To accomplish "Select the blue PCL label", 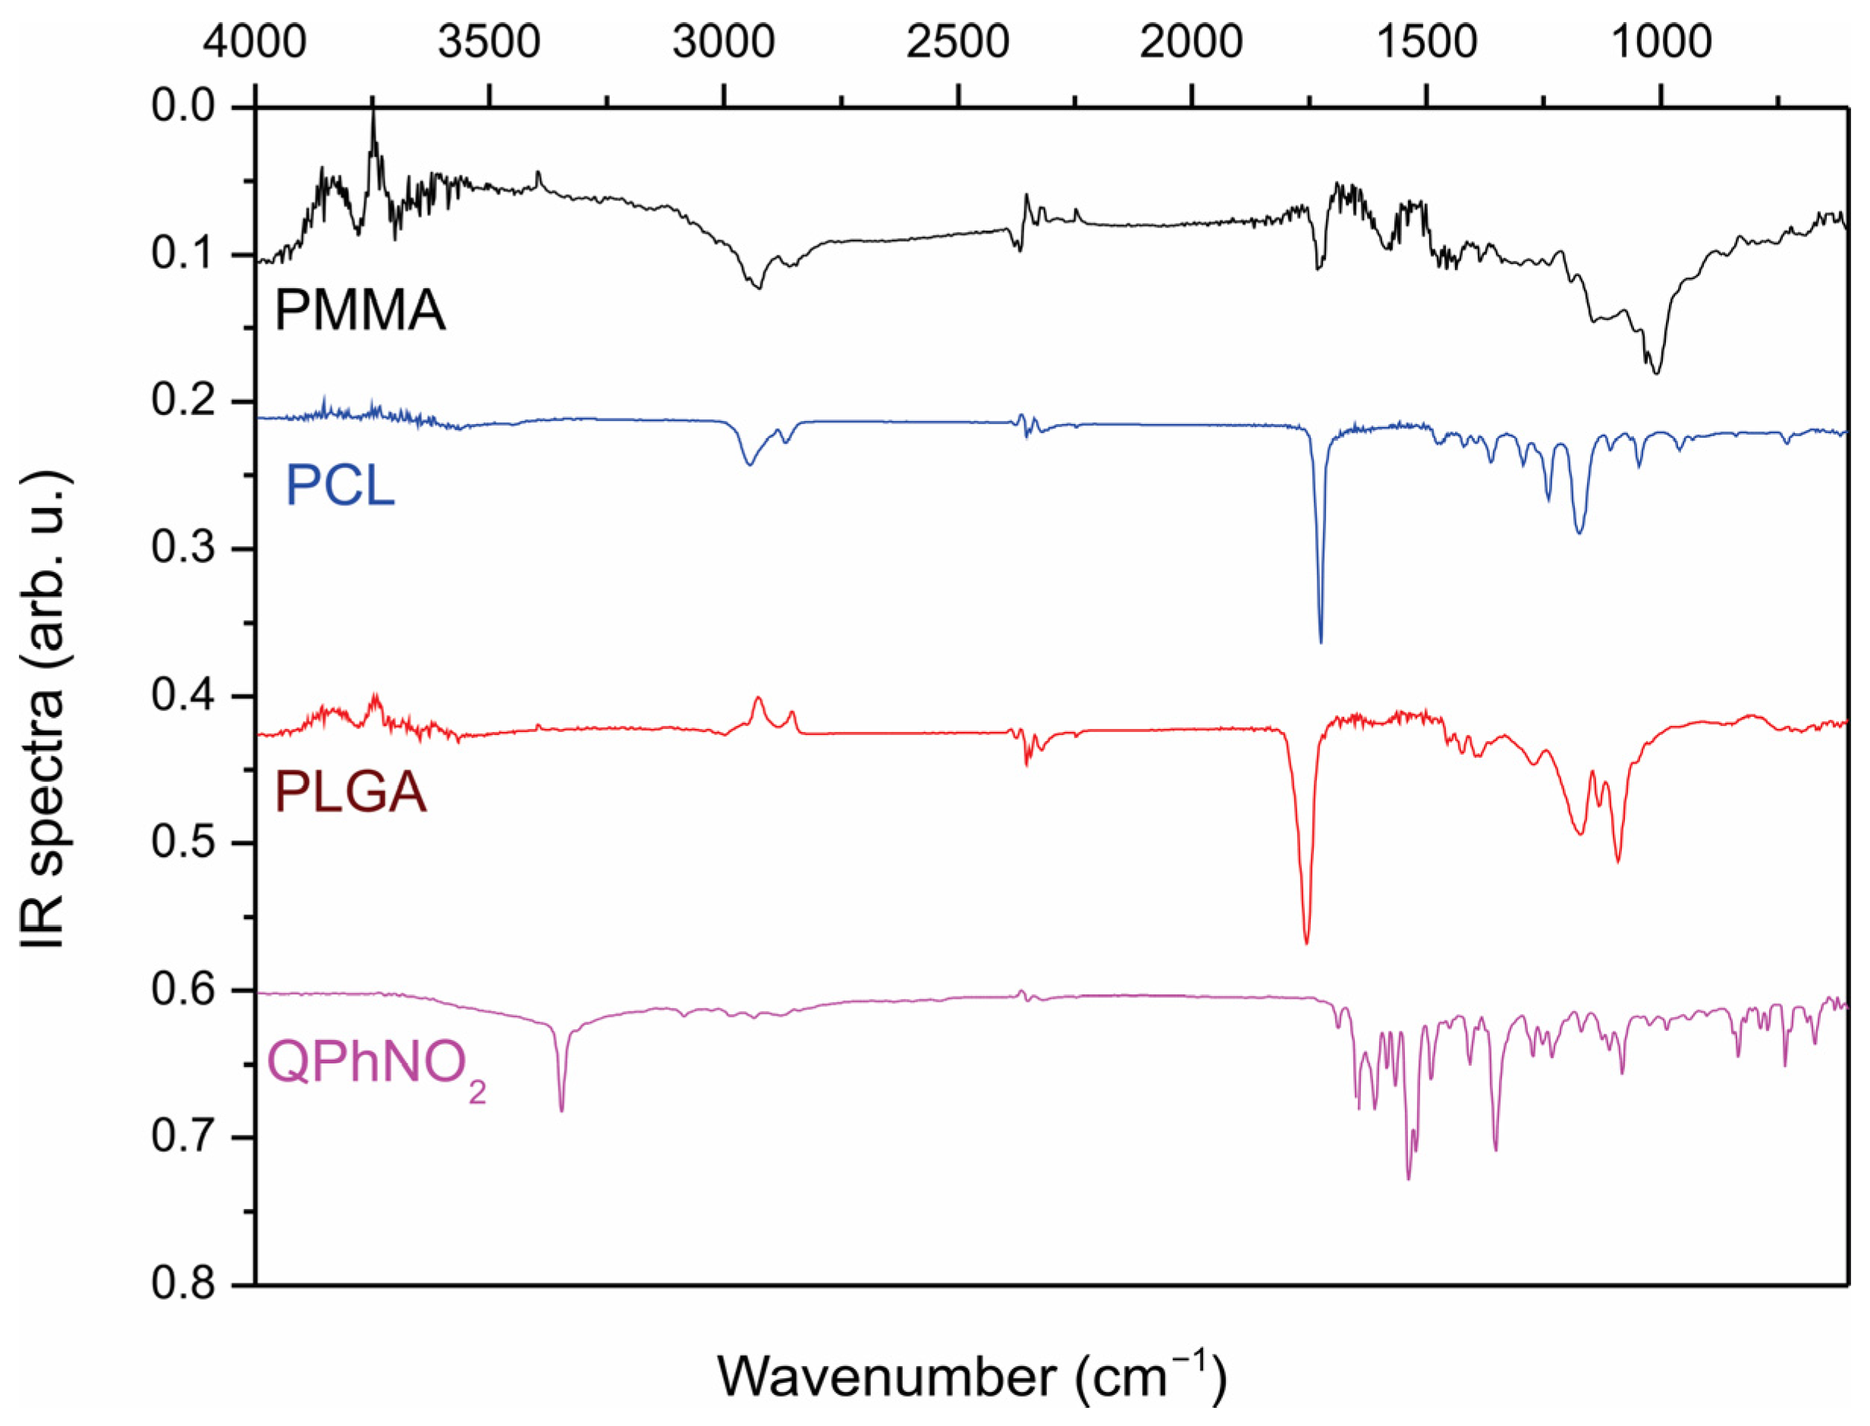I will click(340, 485).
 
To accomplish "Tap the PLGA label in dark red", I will click(350, 793).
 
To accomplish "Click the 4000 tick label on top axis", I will click(255, 41).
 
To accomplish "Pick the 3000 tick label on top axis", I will click(723, 41).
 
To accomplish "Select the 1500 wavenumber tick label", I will click(1426, 41).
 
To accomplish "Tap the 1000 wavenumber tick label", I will click(1661, 41).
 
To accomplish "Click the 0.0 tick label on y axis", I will click(183, 107).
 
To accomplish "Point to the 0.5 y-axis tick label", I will click(183, 843).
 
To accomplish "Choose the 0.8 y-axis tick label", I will click(183, 1285).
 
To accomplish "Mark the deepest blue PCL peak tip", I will click(1320, 642).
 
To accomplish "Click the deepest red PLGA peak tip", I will click(1306, 943).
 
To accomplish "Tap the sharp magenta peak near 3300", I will click(561, 1110).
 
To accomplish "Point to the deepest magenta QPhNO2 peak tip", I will click(1408, 1179).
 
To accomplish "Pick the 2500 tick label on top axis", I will click(957, 41).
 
